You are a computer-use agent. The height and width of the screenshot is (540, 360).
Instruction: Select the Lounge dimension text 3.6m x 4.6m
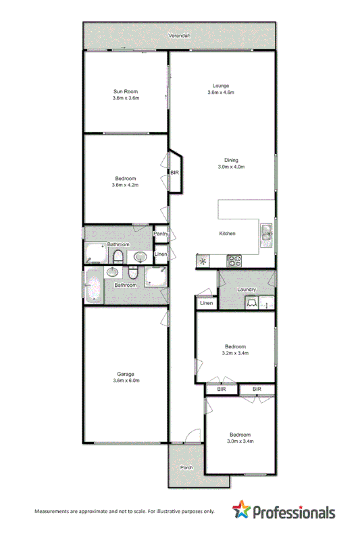click(221, 92)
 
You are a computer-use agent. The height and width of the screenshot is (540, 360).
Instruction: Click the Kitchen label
click(227, 234)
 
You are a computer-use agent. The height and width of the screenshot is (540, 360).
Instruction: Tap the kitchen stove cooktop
click(235, 259)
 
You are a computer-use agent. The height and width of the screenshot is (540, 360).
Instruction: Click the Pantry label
click(160, 234)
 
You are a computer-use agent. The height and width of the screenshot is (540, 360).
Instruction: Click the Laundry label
click(246, 290)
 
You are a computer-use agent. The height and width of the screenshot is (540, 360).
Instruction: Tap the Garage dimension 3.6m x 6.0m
click(126, 381)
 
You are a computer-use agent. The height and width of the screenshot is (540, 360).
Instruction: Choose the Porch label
click(186, 468)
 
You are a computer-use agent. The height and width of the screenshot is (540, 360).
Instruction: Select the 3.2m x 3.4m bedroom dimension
click(235, 353)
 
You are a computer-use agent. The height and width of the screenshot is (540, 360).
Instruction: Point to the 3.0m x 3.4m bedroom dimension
click(240, 441)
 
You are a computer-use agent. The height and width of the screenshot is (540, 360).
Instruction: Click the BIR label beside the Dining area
click(174, 174)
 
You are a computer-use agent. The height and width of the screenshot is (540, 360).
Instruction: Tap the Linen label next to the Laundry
click(207, 304)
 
